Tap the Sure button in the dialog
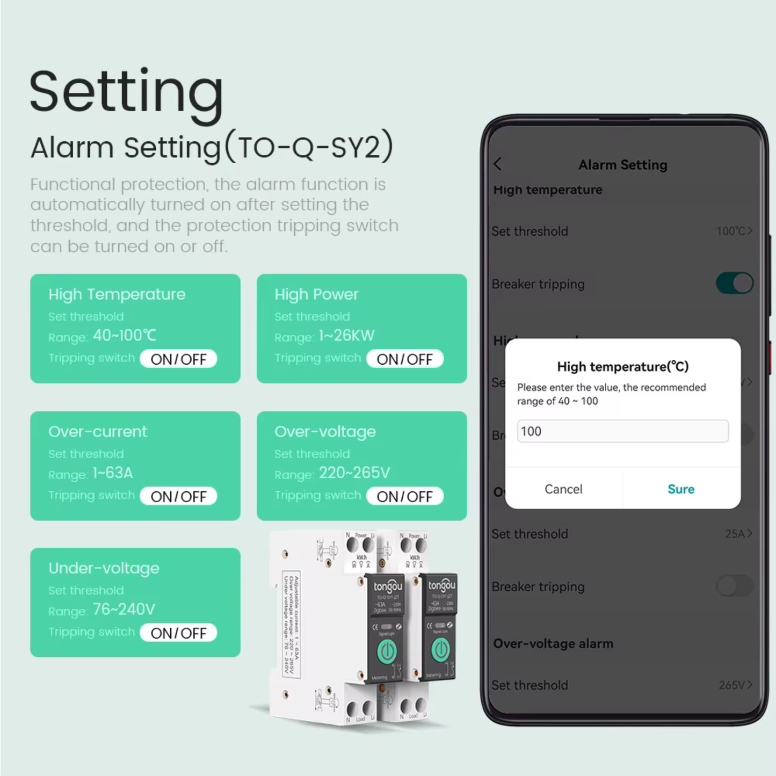[680, 489]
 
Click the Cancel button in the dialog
[563, 489]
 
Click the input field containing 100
[622, 431]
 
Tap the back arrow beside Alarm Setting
[498, 164]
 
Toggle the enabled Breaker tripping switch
[734, 284]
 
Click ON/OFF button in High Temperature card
[178, 359]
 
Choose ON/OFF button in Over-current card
[178, 497]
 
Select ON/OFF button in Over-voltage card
[404, 497]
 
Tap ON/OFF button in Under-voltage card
[178, 633]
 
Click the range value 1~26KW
[346, 336]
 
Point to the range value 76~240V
[124, 610]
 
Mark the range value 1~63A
[113, 473]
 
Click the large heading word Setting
[126, 92]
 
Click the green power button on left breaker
[387, 652]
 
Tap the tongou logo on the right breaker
[441, 585]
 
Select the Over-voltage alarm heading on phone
[553, 643]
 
